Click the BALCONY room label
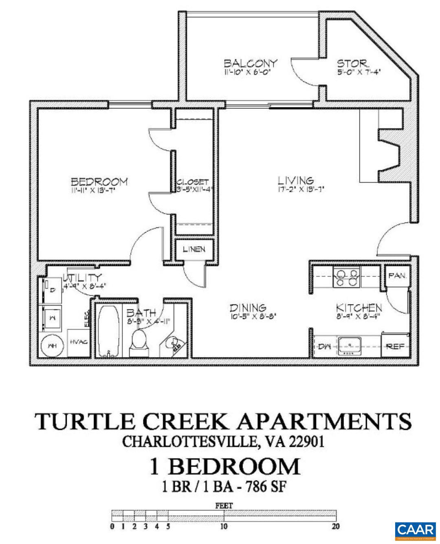250,63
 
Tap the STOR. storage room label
353,64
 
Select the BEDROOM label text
99,181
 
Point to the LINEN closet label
194,249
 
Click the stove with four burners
347,277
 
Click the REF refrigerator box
395,346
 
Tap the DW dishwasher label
324,347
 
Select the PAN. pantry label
397,276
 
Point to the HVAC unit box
79,342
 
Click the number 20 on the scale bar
336,526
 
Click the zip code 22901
307,441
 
